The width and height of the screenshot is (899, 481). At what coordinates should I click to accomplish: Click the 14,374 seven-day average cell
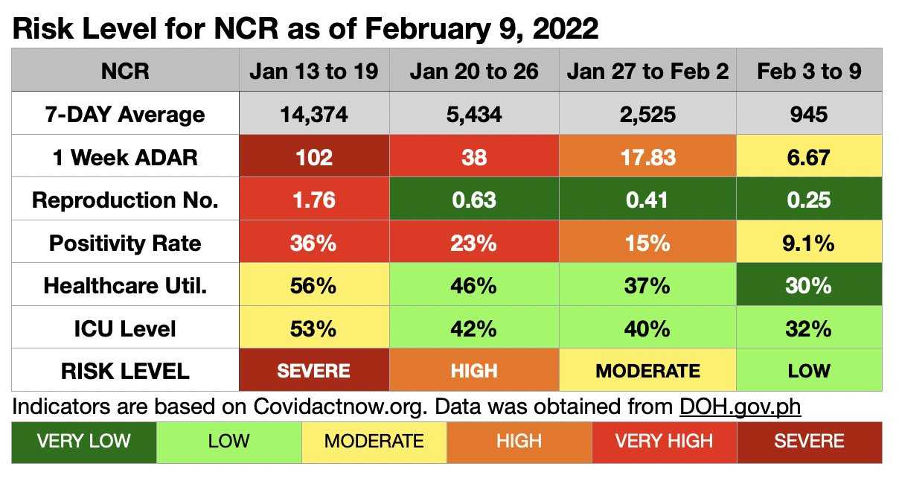point(313,115)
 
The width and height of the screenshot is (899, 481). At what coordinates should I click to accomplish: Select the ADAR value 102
point(313,157)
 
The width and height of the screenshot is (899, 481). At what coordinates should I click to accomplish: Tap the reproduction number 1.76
point(313,200)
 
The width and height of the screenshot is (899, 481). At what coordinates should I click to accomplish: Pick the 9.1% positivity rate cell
point(808,243)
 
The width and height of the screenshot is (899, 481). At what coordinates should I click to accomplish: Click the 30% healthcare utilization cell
point(808,285)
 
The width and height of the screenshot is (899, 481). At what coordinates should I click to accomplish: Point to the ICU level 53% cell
point(313,328)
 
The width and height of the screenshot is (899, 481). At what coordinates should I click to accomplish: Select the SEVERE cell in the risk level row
point(313,371)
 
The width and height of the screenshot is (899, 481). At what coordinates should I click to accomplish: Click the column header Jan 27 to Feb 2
point(647,71)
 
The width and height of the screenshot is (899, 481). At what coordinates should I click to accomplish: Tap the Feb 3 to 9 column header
point(808,71)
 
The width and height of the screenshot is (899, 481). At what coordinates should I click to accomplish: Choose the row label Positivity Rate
point(125,243)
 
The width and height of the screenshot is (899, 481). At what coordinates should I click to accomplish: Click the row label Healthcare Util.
point(125,285)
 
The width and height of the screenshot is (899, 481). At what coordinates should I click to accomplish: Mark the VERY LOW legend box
point(83,441)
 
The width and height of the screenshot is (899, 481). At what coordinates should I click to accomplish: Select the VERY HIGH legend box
point(664,441)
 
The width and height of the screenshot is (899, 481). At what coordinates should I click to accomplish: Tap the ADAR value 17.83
point(647,157)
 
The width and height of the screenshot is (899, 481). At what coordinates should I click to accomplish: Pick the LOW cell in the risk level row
point(808,371)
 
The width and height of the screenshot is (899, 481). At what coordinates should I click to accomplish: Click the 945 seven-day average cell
point(808,115)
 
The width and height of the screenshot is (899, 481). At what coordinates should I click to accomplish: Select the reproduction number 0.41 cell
point(647,200)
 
